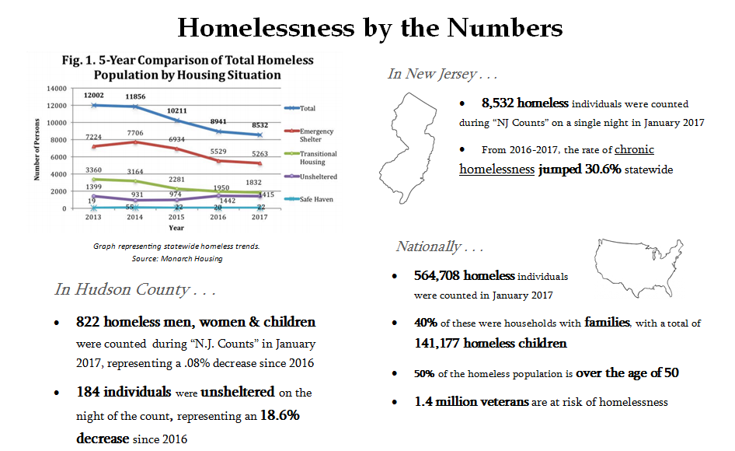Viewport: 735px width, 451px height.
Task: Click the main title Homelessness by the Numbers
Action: click(x=370, y=28)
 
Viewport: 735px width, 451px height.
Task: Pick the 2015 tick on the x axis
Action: click(x=177, y=219)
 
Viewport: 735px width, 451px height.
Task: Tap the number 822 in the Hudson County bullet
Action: click(x=87, y=321)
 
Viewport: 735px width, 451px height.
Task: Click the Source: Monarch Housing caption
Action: click(x=176, y=258)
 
